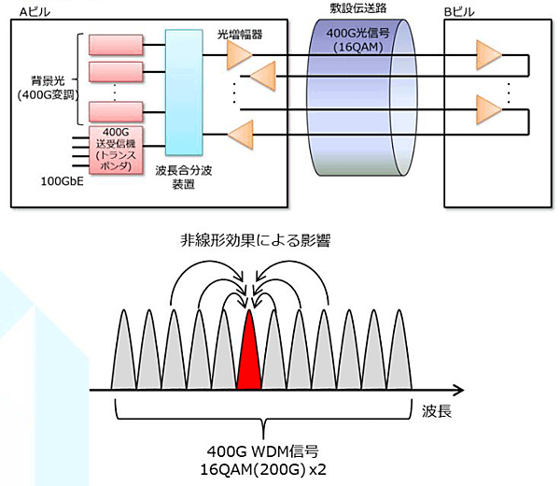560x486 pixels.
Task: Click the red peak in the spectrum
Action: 249,359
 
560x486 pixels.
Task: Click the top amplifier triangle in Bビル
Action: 486,54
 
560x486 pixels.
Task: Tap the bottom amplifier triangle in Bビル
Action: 486,109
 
